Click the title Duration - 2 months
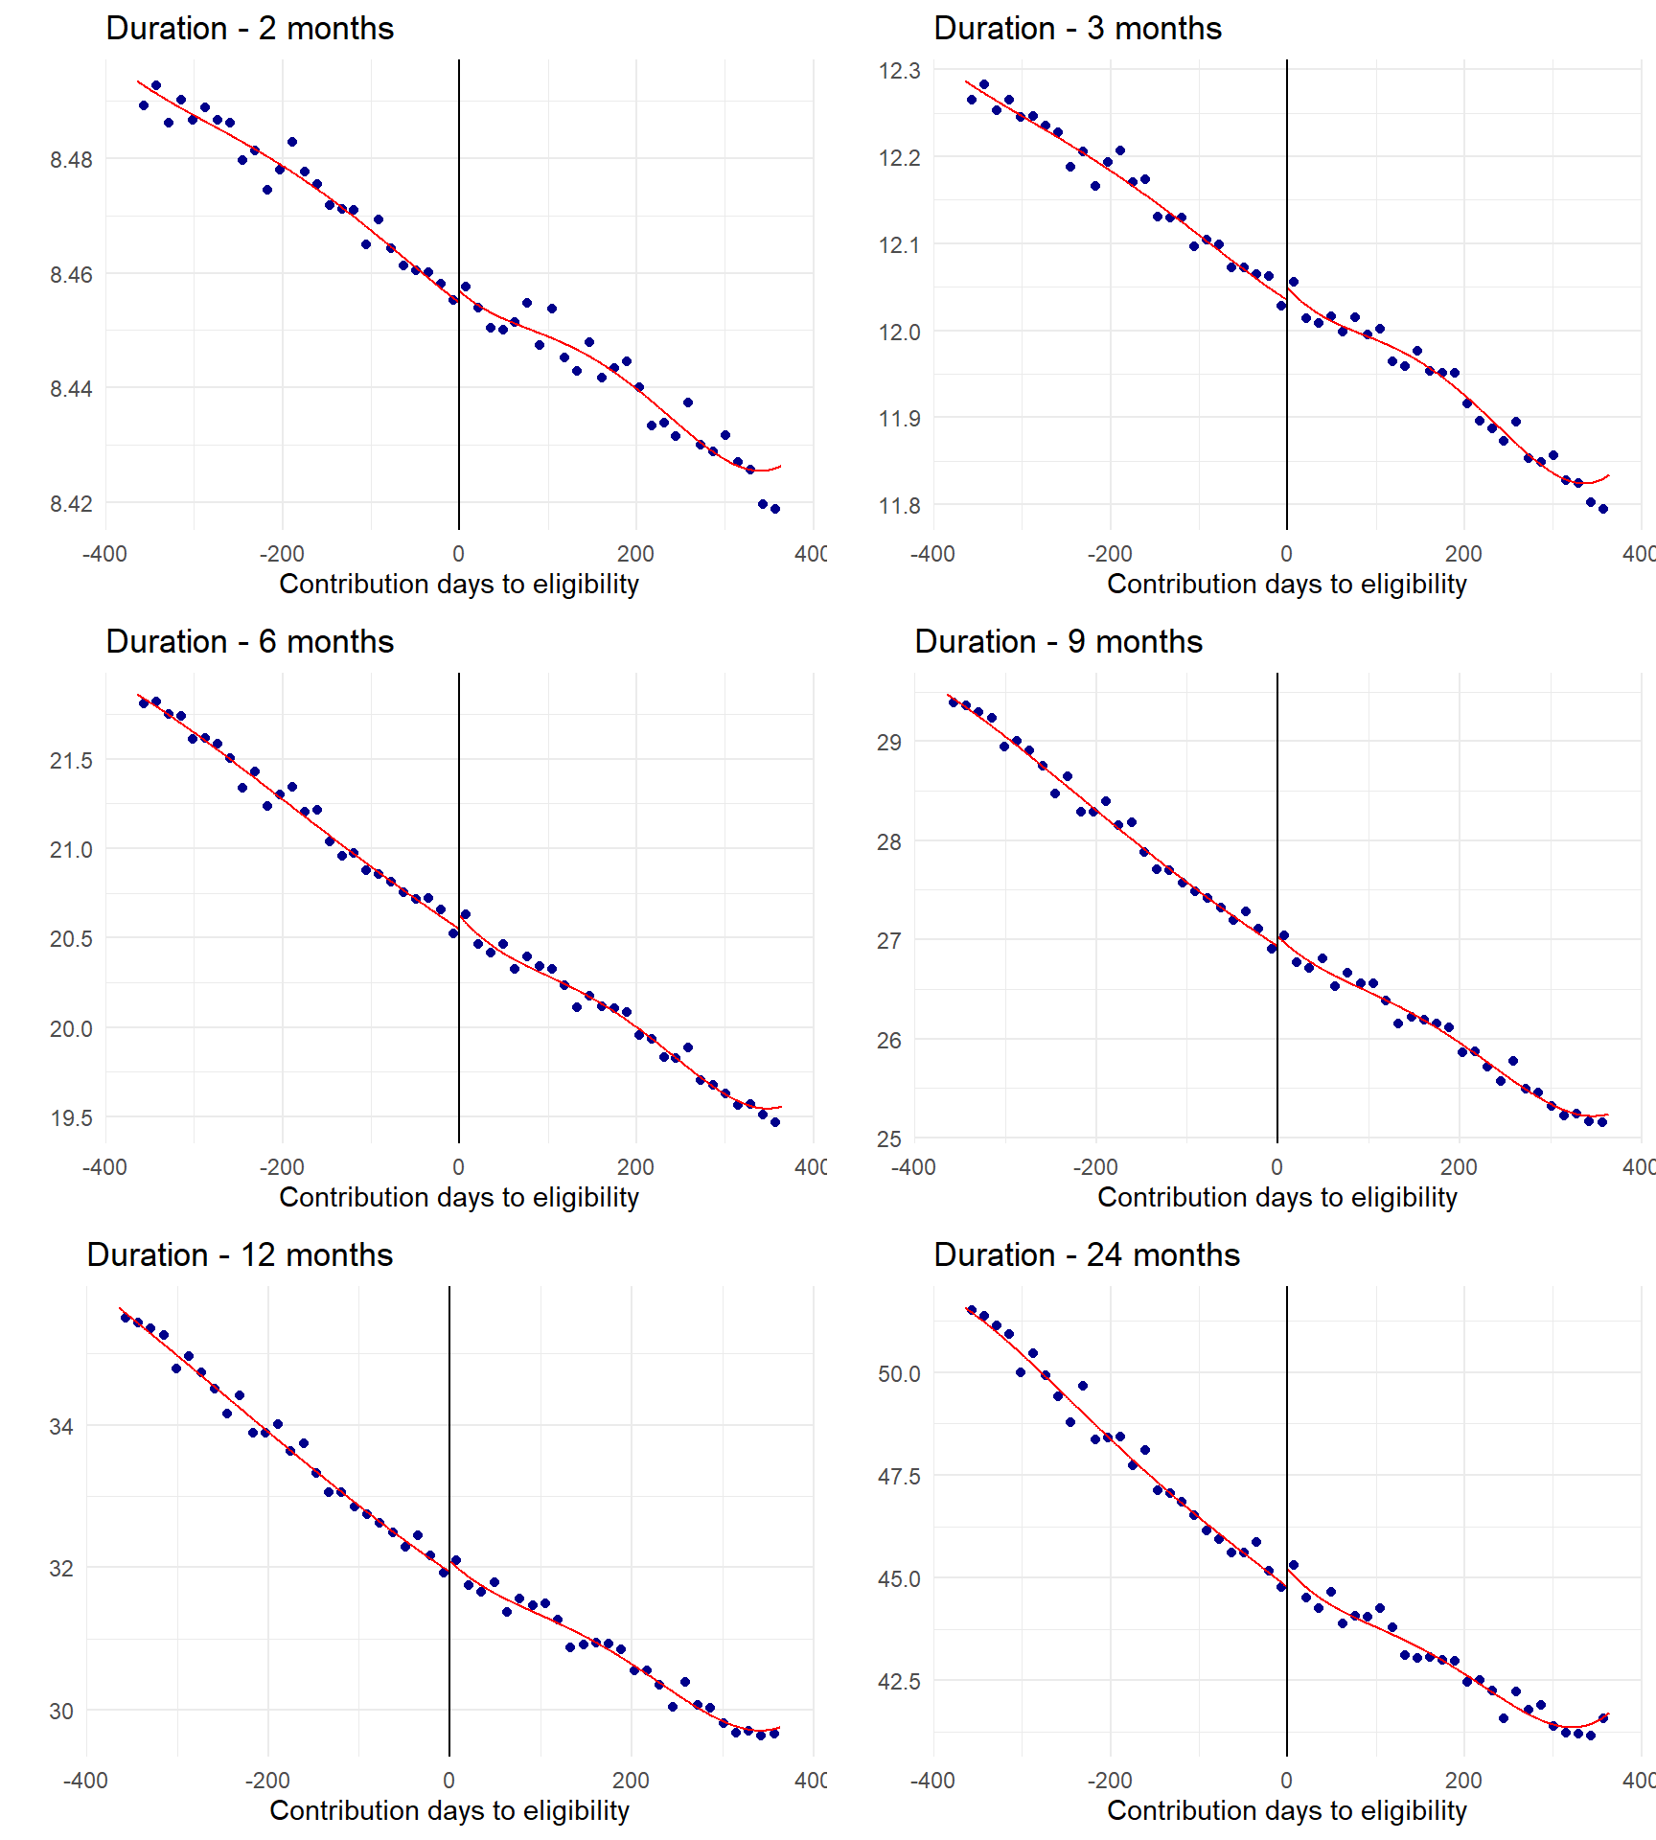point(249,29)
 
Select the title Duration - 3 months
point(1077,29)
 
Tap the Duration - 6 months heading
point(249,642)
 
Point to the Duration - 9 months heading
point(1058,642)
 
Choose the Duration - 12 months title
point(240,1255)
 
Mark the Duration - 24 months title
point(1087,1255)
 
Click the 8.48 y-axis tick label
point(72,160)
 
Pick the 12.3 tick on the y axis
point(899,71)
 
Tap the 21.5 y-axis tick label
point(72,761)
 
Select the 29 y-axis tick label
point(889,743)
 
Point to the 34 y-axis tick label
point(61,1427)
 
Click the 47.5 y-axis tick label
point(899,1477)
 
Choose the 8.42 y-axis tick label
point(72,504)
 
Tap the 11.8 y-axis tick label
point(899,506)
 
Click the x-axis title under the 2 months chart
point(459,584)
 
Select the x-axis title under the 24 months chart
point(1287,1810)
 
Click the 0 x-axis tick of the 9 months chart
point(1277,1167)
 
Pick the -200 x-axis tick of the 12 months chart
point(267,1781)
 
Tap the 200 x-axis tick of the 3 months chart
point(1463,554)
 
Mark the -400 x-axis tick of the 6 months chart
point(104,1167)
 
